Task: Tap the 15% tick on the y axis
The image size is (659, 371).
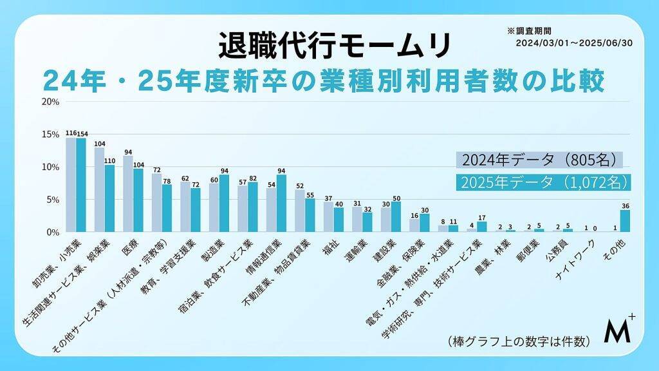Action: click(50, 134)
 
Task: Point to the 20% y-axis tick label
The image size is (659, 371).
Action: click(50, 102)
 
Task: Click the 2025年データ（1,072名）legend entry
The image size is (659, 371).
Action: click(543, 182)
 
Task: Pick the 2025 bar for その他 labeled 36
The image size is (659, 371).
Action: click(625, 220)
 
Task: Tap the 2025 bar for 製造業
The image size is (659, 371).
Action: click(224, 203)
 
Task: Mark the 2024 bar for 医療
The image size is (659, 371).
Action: click(128, 193)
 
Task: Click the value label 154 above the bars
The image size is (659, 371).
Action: click(82, 133)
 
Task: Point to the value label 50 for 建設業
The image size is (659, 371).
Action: click(396, 197)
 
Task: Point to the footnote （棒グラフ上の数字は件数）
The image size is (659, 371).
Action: click(517, 341)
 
